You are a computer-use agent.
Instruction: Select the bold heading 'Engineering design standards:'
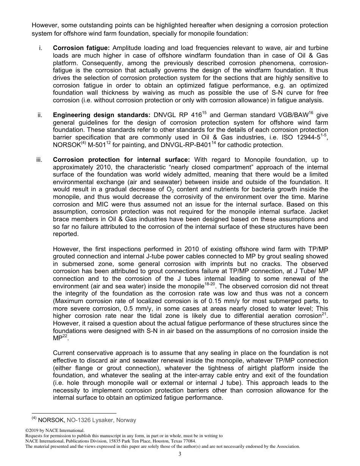102,115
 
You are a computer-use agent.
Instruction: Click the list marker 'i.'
40,48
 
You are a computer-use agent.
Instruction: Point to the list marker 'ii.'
40,115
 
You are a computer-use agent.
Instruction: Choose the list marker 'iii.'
39,160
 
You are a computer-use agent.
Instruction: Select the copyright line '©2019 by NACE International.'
55,430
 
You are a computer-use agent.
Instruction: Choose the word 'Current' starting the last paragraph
65,353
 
